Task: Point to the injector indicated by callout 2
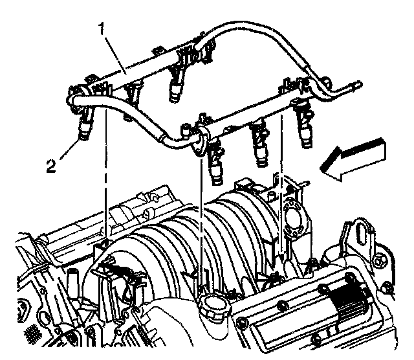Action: (85, 126)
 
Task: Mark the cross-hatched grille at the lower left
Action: (32, 335)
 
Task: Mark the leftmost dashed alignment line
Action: (103, 188)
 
